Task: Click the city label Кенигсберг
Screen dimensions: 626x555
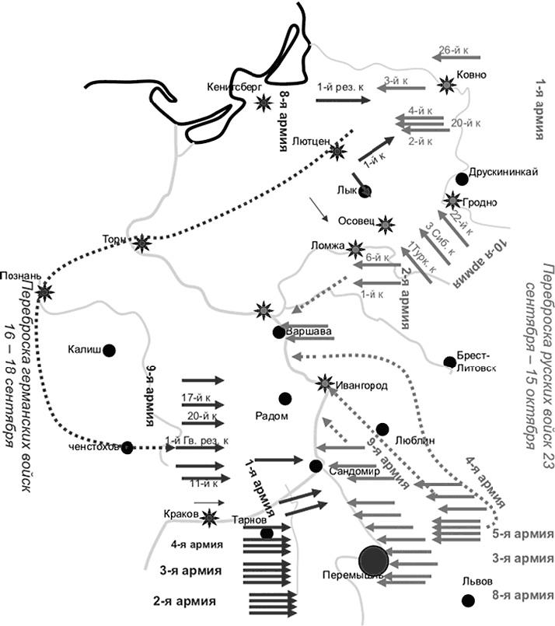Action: (x=235, y=87)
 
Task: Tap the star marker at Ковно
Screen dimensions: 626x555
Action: (x=447, y=83)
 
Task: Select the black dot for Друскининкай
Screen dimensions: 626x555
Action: (x=462, y=179)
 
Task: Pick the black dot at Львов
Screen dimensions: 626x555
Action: (x=468, y=599)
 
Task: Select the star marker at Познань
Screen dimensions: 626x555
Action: (x=45, y=292)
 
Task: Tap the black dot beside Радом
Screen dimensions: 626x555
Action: (x=285, y=397)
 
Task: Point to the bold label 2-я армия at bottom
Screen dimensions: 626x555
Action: (x=185, y=601)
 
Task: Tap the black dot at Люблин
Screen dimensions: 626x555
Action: (x=382, y=428)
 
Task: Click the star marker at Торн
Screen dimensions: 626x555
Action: (x=141, y=244)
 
